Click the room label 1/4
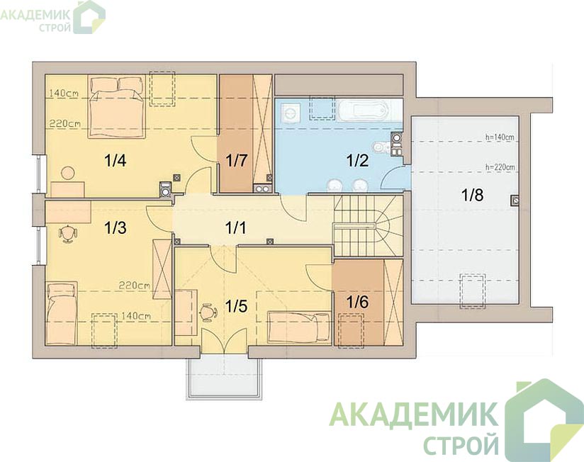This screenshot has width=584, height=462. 116,161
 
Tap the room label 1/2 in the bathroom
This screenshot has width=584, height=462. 357,160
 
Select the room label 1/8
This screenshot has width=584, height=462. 472,195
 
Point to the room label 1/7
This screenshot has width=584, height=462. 236,161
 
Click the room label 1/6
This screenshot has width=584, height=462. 357,302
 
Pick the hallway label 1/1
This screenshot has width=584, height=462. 236,228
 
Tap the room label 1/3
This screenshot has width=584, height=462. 115,228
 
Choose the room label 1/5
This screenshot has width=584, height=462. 236,306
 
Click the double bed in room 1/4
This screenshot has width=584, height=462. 116,107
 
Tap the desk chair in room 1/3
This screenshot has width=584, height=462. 68,234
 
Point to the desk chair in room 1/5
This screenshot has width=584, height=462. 208,312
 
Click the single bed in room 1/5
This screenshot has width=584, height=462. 298,327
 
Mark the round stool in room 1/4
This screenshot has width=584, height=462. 68,173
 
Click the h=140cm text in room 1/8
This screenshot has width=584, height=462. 500,137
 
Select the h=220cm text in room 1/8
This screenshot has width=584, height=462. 500,167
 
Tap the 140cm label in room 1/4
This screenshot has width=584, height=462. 63,94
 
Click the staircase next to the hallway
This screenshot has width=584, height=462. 368,225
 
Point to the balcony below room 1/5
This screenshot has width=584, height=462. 225,378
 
